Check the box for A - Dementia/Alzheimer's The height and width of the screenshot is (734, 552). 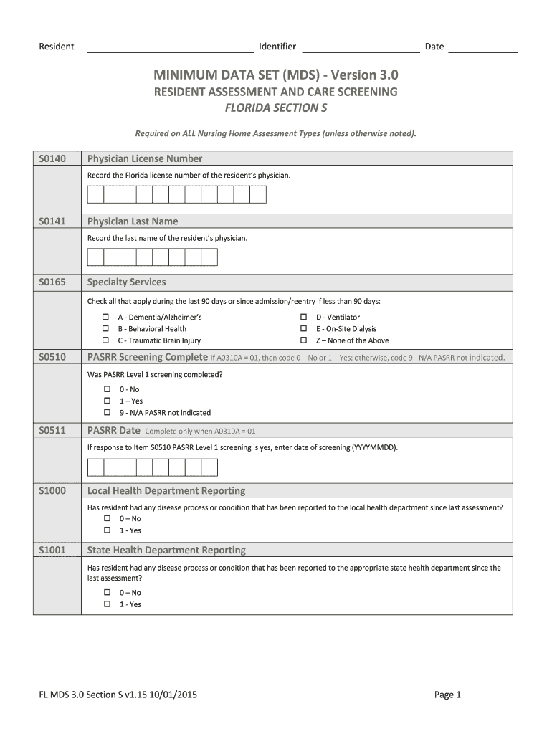point(105,317)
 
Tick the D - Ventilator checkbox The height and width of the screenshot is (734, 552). point(303,317)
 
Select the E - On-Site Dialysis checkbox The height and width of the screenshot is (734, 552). point(303,329)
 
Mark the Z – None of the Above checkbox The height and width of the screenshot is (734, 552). point(303,340)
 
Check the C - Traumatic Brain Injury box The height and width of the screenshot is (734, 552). point(105,340)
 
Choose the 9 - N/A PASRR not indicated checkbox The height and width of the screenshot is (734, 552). point(108,413)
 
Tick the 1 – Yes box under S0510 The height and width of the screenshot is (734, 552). point(108,401)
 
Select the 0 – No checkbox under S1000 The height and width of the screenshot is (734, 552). point(108,518)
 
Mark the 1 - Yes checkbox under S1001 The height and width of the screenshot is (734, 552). point(108,604)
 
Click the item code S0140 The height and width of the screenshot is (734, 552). point(52,158)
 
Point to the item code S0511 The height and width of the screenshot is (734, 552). point(52,430)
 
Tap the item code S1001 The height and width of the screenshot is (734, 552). point(52,550)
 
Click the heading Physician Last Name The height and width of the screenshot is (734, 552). point(133,221)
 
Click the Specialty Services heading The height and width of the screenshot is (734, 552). point(126,282)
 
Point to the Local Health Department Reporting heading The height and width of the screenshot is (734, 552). point(166,491)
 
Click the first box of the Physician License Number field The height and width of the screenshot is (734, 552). point(95,195)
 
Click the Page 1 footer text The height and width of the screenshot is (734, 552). point(447,695)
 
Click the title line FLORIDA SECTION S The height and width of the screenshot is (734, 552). point(276,108)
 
